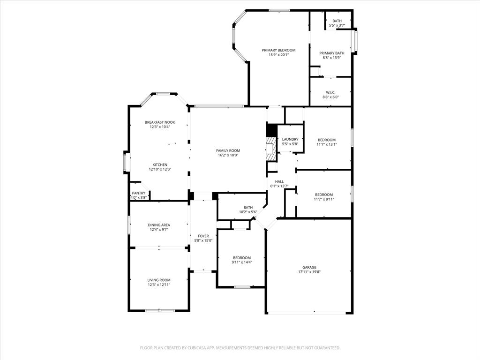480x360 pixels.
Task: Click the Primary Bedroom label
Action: pos(278,50)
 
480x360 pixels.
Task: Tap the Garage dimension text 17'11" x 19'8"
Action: pos(309,272)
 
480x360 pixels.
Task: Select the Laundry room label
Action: pos(290,139)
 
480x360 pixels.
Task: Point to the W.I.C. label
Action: pos(330,92)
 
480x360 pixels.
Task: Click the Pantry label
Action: pos(138,193)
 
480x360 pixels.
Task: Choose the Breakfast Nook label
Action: pos(159,122)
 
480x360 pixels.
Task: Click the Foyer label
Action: pos(203,236)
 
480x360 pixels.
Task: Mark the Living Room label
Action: pos(159,280)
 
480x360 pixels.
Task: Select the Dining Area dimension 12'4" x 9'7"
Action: pos(159,230)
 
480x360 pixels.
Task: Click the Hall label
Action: pos(279,181)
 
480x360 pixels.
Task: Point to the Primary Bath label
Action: pos(332,53)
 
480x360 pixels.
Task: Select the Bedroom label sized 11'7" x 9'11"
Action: pos(324,195)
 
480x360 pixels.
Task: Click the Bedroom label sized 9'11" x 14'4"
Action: pos(242,257)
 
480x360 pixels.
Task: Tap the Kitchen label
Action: pos(160,165)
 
